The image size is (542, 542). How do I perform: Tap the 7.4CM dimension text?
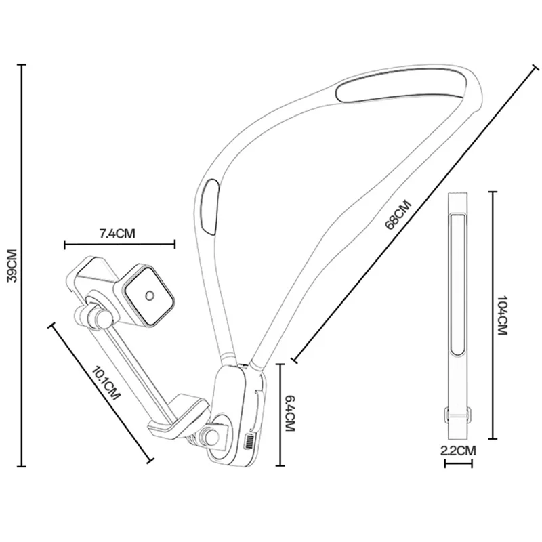coord(118,234)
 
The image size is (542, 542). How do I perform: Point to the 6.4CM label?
coord(290,414)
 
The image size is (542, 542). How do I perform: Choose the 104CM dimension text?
coord(502,315)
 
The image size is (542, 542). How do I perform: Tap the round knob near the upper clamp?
coord(103,318)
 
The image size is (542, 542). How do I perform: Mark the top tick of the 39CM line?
coord(22,65)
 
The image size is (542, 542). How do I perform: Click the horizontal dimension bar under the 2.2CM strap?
coord(459,464)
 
